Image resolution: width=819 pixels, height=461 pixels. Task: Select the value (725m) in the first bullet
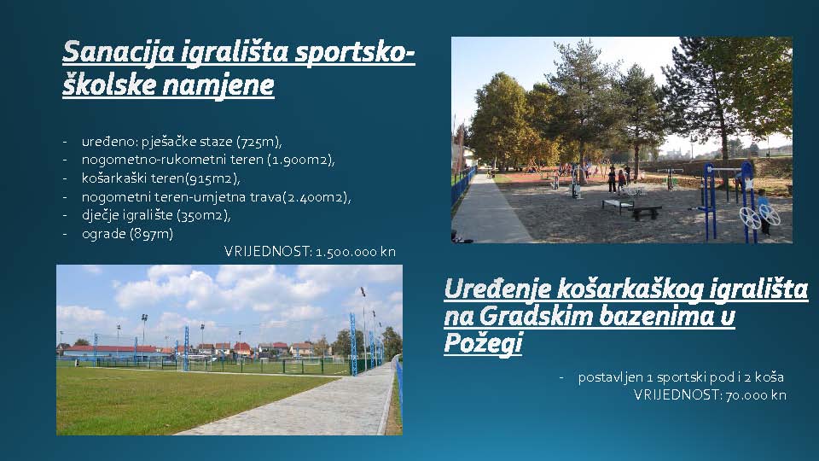click(259, 142)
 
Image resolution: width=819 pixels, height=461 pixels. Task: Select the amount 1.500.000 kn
click(356, 251)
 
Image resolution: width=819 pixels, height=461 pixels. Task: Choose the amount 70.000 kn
click(756, 395)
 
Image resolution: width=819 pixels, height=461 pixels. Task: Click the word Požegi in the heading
click(483, 343)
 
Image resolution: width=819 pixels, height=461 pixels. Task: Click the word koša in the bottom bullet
click(770, 376)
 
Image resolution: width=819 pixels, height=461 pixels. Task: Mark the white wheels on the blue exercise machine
click(759, 215)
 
